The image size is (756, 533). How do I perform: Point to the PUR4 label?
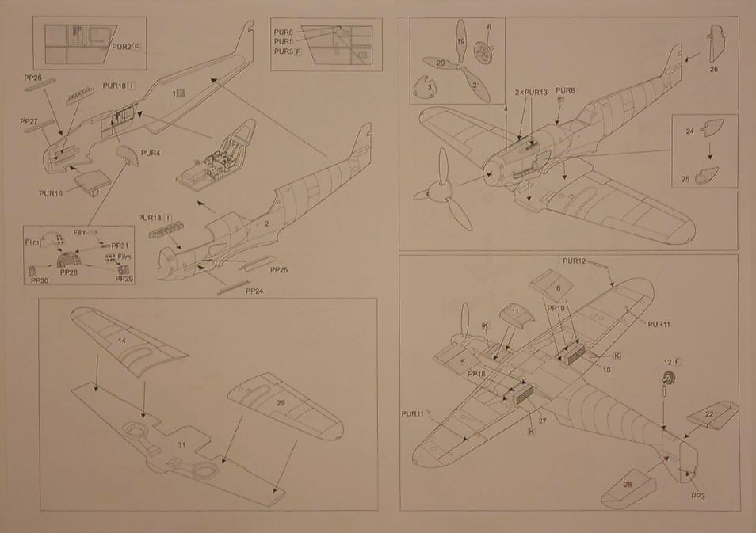point(151,152)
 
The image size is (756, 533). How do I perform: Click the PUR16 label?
point(50,192)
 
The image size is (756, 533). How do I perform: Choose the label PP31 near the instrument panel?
point(120,246)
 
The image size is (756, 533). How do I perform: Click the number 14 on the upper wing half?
point(122,341)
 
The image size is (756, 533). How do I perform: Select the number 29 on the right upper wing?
point(281,403)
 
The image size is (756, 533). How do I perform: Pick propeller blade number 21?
point(475,86)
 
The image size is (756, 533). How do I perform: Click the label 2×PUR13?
point(530,93)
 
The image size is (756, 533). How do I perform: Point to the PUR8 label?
point(565,90)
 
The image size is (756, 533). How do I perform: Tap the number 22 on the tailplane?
point(709,414)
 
